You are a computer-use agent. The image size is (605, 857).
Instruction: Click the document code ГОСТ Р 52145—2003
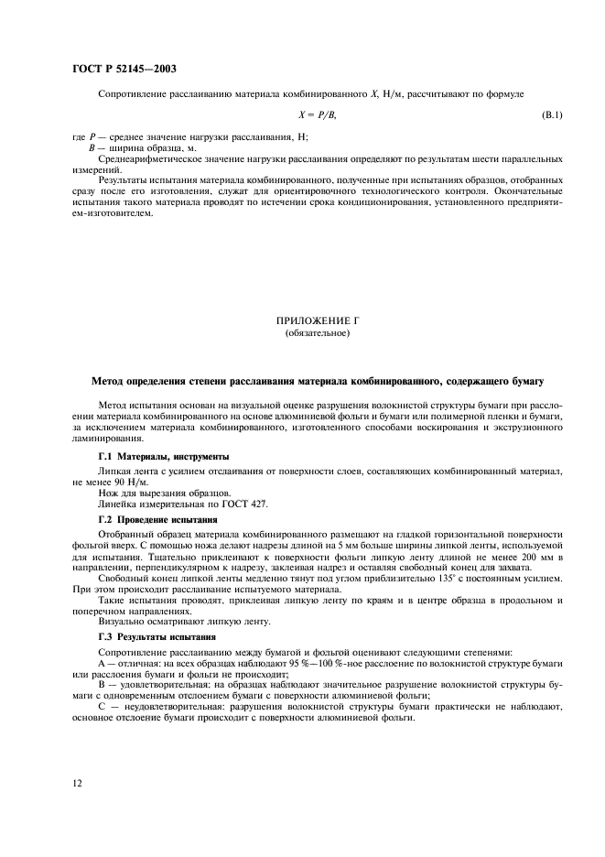tap(124, 68)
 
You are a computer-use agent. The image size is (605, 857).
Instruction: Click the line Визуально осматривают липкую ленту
tap(171, 622)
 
